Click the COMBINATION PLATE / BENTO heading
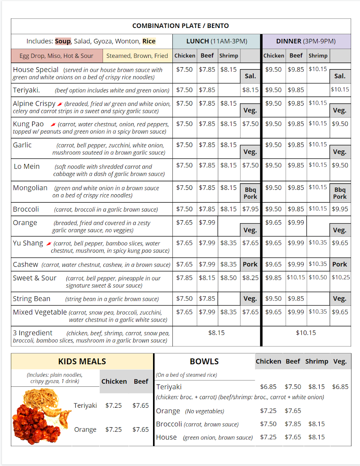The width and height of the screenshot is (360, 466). coord(181,26)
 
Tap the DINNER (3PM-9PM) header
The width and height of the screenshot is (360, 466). coord(306,41)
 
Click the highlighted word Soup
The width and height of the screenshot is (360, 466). coord(63,41)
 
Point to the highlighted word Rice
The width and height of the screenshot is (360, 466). coord(149,41)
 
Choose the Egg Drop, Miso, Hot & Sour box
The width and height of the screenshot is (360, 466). coord(57,56)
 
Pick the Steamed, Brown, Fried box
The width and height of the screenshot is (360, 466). coord(137,56)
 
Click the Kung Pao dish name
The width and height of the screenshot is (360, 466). coord(28,124)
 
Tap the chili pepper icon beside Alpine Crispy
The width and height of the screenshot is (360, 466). coord(59,104)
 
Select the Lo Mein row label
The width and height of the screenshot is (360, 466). coord(27,166)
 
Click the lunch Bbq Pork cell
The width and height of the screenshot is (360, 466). coord(250,193)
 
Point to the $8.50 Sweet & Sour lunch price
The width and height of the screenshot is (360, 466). coord(229,278)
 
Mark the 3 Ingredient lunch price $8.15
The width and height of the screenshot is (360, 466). coord(216,333)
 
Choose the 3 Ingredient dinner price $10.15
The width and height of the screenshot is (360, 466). coord(306,333)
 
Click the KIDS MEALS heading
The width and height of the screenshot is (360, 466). coord(82,362)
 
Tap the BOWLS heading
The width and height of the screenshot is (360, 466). coord(204,362)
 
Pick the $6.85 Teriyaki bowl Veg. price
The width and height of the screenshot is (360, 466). coord(340,387)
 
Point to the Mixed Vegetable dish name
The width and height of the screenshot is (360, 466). coord(40,312)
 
